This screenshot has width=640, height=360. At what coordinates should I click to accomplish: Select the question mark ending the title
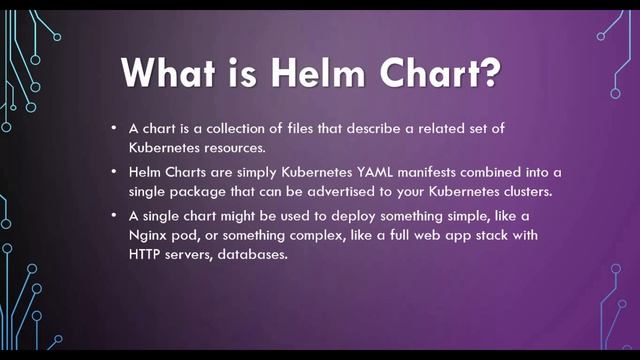tap(492, 76)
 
